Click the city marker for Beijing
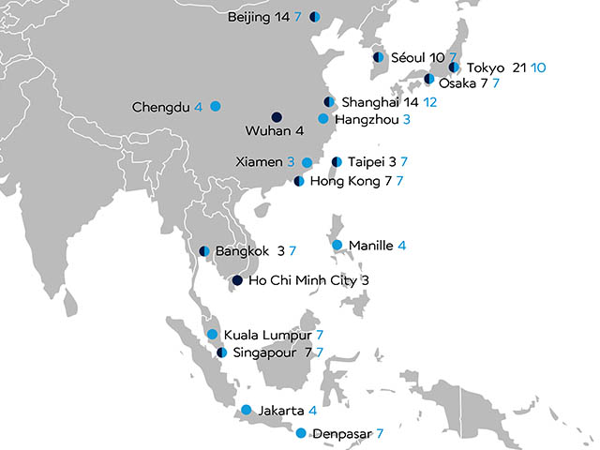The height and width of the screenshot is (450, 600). pyautogui.click(x=314, y=17)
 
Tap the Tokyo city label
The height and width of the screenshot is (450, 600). pyautogui.click(x=485, y=67)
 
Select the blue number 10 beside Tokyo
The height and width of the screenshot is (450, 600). pyautogui.click(x=538, y=67)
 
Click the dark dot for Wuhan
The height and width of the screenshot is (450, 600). pyautogui.click(x=277, y=117)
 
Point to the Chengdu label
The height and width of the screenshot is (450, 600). pyautogui.click(x=161, y=106)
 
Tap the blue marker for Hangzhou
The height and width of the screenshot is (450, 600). pyautogui.click(x=323, y=119)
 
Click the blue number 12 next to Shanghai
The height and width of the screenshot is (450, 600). pyautogui.click(x=430, y=101)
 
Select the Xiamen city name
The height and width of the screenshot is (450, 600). pyautogui.click(x=257, y=162)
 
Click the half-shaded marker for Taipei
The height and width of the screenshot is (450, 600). pyautogui.click(x=337, y=162)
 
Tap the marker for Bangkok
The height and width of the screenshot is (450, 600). pyautogui.click(x=204, y=251)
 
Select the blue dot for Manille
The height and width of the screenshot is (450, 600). pyautogui.click(x=337, y=246)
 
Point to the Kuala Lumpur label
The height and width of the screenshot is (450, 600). pyautogui.click(x=267, y=335)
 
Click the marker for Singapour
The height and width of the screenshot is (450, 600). pyautogui.click(x=221, y=352)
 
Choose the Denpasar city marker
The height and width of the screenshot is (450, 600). pyautogui.click(x=301, y=433)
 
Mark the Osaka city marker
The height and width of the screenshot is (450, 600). pyautogui.click(x=428, y=80)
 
